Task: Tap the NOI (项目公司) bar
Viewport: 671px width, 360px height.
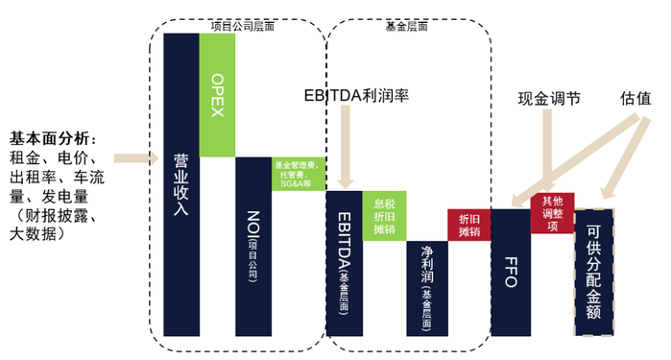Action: point(253,246)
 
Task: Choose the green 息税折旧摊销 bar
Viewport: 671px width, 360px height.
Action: point(384,216)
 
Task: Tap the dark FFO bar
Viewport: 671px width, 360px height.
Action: point(511,272)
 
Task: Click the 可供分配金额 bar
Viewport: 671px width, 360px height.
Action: point(595,272)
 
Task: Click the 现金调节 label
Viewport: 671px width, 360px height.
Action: point(549,98)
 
